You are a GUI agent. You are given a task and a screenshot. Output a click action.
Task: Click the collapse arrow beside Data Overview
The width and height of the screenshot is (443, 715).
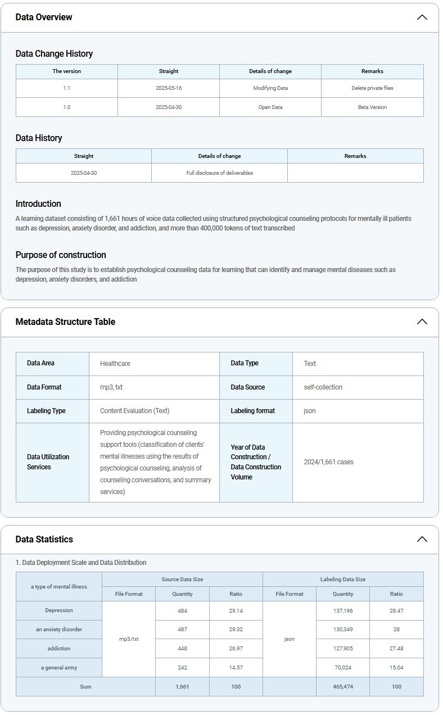pos(422,17)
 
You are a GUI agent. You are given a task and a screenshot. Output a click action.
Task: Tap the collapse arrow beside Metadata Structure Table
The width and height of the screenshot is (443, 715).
pos(422,322)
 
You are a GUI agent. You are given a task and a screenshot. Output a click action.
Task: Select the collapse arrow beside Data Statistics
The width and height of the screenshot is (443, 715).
pos(422,540)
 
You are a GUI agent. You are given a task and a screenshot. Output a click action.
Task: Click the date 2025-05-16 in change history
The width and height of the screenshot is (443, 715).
pos(169,88)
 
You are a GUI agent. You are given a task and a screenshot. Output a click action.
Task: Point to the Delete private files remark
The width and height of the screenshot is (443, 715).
pos(372,88)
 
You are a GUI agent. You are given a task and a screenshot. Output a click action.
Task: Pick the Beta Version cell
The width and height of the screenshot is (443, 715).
pos(372,107)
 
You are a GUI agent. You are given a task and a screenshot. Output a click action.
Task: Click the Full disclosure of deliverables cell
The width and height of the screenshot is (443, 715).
pos(219,173)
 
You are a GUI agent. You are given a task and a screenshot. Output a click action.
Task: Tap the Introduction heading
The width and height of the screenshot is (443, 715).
pos(38,204)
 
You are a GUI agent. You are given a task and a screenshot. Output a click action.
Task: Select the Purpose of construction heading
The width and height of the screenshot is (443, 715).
pos(61,255)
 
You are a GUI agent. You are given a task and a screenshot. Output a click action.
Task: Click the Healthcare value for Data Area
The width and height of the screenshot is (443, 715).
pos(115,364)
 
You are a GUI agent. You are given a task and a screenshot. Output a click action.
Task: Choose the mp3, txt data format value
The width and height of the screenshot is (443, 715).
pos(111,387)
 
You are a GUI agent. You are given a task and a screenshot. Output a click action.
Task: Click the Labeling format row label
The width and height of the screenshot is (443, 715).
pos(252,411)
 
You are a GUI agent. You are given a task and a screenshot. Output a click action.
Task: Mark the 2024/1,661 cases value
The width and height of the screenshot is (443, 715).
pos(328,462)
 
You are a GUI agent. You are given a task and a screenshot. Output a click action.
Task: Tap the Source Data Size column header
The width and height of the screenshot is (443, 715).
pos(182,580)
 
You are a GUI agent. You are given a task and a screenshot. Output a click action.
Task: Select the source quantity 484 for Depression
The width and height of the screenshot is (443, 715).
pos(182,610)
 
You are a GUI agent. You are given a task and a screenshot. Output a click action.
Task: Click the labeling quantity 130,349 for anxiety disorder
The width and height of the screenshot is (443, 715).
pos(343,630)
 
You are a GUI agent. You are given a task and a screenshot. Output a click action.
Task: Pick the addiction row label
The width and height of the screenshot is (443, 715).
pos(59,649)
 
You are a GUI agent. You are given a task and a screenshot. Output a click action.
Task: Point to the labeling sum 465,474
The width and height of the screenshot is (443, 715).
pos(343,687)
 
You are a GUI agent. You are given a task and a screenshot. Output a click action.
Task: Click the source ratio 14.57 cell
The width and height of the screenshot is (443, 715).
pos(236,668)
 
